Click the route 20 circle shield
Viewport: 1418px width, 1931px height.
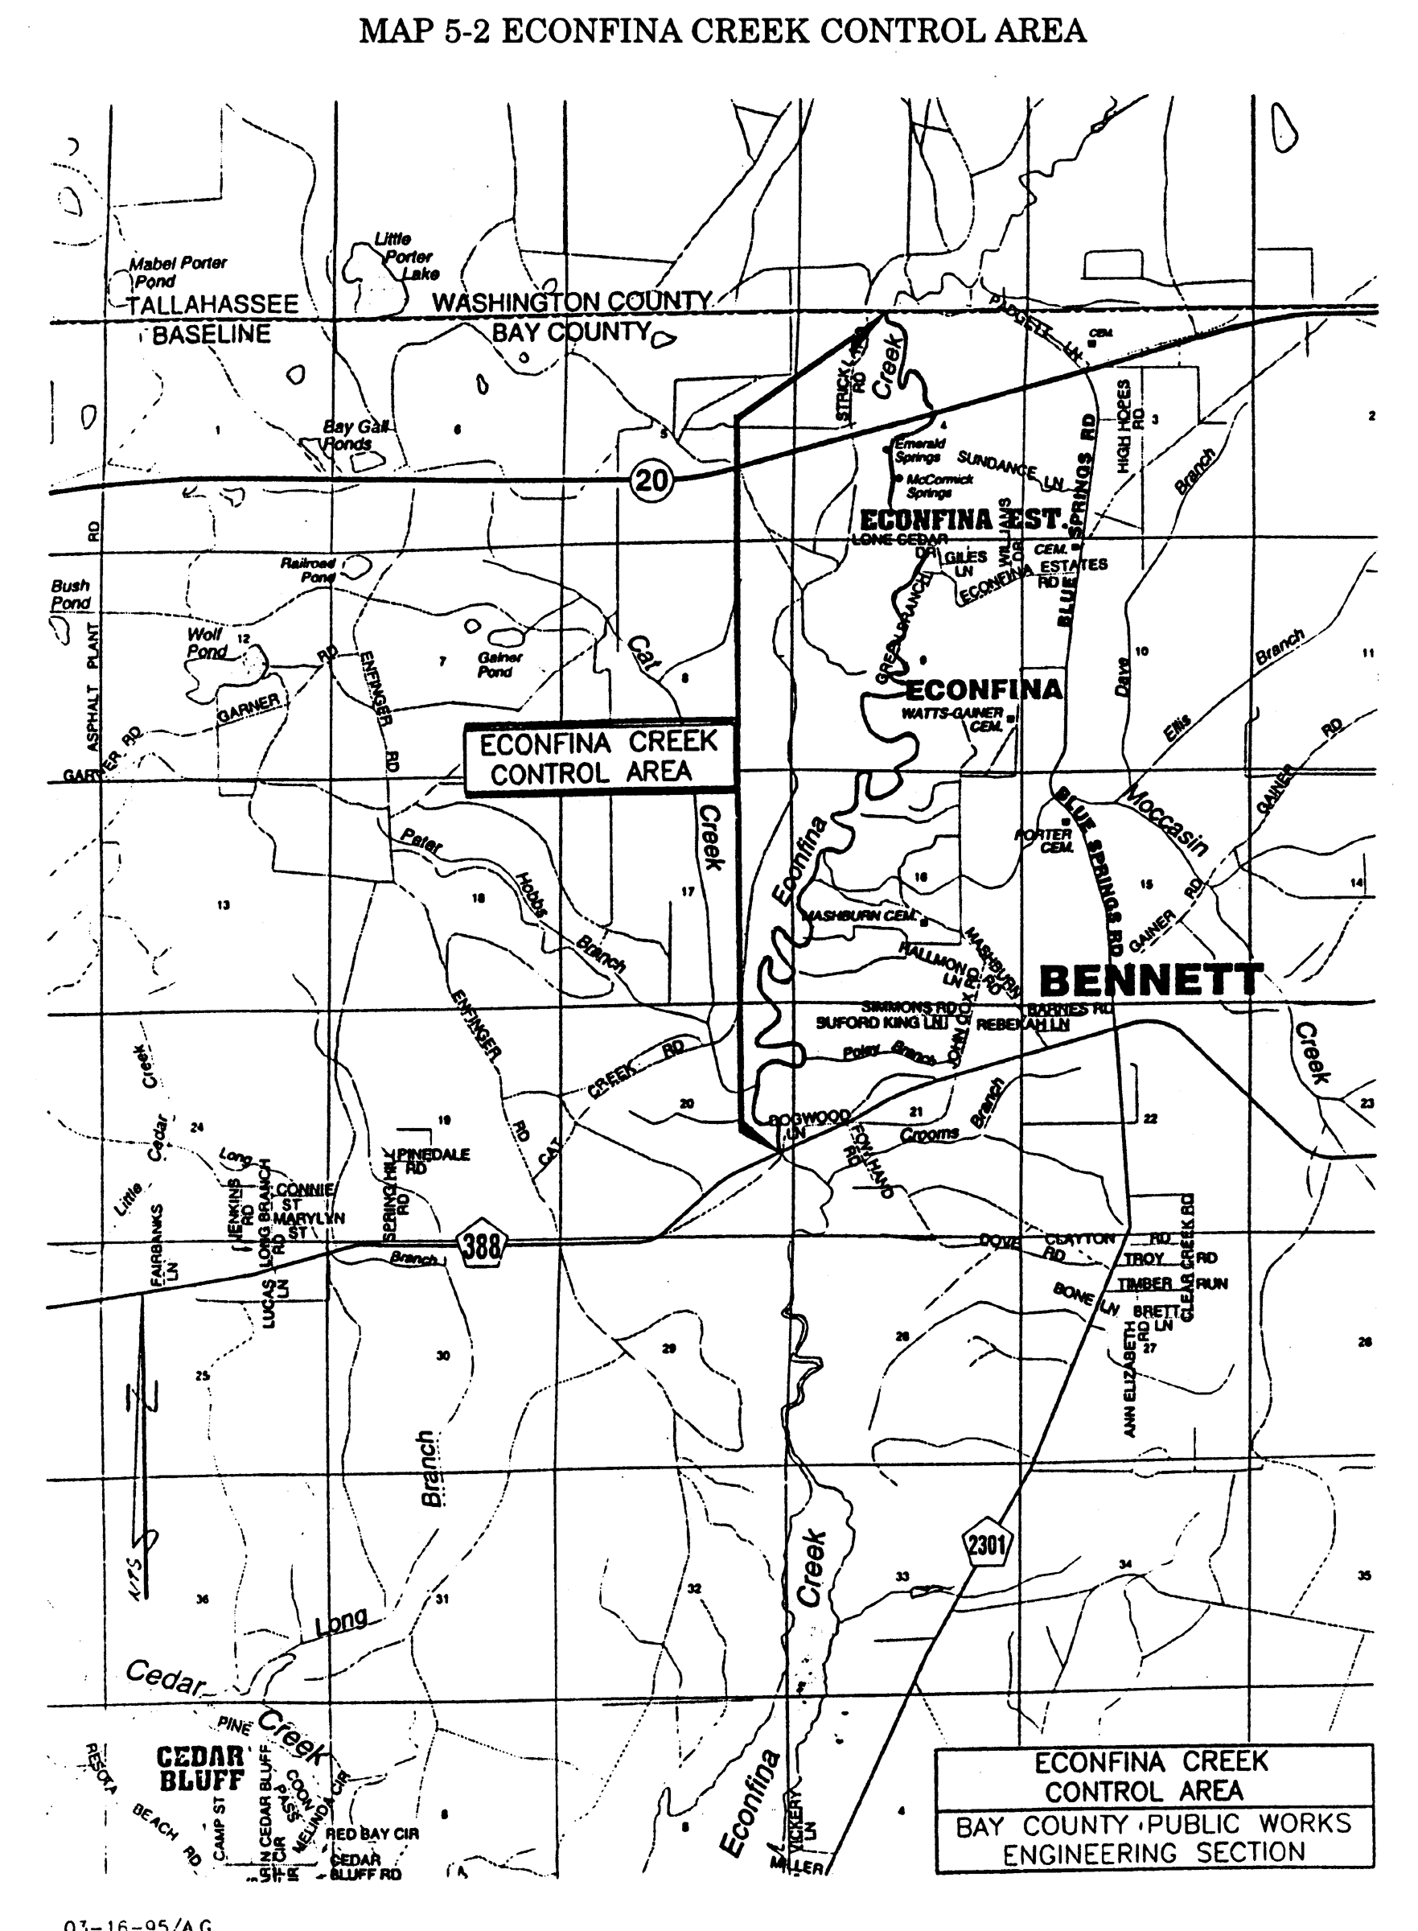point(651,479)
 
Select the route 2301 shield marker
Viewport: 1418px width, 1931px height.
point(986,1543)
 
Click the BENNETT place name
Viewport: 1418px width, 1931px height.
point(1151,980)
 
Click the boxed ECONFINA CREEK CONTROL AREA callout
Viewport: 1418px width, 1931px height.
point(599,757)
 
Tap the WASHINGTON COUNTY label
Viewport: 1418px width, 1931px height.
point(572,303)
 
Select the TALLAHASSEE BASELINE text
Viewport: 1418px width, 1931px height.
point(212,319)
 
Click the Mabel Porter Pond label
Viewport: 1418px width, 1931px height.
point(177,271)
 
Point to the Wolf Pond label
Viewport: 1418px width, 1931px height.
point(206,642)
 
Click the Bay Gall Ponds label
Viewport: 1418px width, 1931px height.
point(353,435)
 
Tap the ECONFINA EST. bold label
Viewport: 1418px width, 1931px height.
point(961,520)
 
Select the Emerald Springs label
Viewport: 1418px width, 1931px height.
point(919,450)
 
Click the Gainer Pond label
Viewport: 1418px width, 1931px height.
point(499,664)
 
